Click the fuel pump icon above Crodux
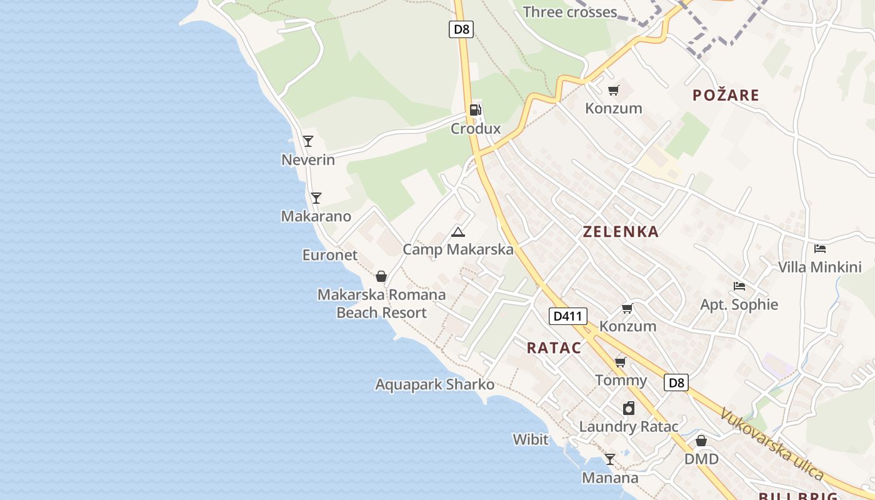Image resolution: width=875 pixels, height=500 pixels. pyautogui.click(x=476, y=110)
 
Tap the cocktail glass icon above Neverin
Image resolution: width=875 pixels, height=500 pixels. pyautogui.click(x=308, y=141)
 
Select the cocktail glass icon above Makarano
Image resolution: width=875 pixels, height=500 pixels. pyautogui.click(x=316, y=198)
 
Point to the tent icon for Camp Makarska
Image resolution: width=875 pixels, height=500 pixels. pyautogui.click(x=458, y=232)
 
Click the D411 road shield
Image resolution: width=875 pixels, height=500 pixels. pyautogui.click(x=568, y=316)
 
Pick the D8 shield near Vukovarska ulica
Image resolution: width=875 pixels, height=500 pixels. pyautogui.click(x=676, y=382)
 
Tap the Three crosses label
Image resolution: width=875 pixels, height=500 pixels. pyautogui.click(x=569, y=12)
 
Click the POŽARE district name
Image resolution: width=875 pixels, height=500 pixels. pyautogui.click(x=726, y=96)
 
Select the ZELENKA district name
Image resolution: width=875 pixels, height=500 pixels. pyautogui.click(x=621, y=232)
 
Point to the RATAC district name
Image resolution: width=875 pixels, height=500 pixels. pyautogui.click(x=554, y=348)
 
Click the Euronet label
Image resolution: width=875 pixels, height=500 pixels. pyautogui.click(x=330, y=255)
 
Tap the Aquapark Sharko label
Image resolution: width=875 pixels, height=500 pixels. pyautogui.click(x=435, y=384)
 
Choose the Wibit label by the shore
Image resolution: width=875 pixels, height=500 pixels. pyautogui.click(x=531, y=439)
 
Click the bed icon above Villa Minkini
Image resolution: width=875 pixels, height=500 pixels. pyautogui.click(x=820, y=249)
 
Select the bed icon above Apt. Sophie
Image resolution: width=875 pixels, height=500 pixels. pyautogui.click(x=739, y=286)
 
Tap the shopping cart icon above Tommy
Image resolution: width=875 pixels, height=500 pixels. pyautogui.click(x=621, y=362)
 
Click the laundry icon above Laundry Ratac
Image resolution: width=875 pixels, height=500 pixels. pyautogui.click(x=629, y=408)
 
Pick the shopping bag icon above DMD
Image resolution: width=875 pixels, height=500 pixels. pyautogui.click(x=701, y=441)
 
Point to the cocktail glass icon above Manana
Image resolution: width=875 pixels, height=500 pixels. pyautogui.click(x=610, y=459)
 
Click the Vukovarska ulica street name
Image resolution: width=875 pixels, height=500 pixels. pyautogui.click(x=771, y=444)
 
